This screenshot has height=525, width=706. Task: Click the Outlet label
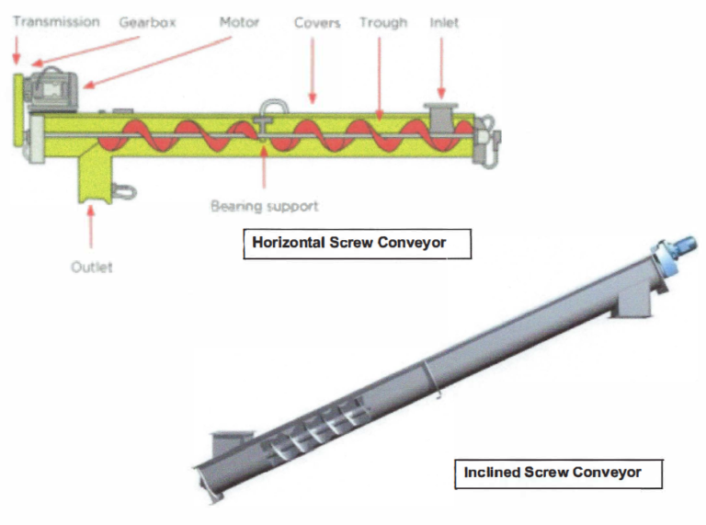coord(91,267)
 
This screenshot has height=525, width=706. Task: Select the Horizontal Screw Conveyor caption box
coord(357,245)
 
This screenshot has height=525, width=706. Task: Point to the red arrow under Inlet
coord(442,64)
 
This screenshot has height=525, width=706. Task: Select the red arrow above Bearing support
coord(265,170)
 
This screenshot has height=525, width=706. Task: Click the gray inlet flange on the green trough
coord(440,117)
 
